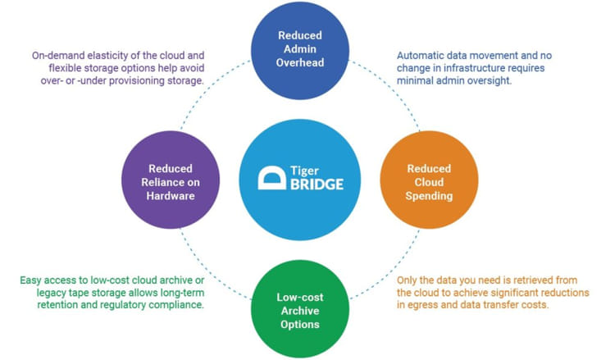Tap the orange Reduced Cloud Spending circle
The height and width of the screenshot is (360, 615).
tap(429, 180)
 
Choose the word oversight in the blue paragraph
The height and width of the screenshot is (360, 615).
tap(491, 82)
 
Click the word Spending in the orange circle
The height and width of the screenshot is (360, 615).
tap(429, 197)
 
